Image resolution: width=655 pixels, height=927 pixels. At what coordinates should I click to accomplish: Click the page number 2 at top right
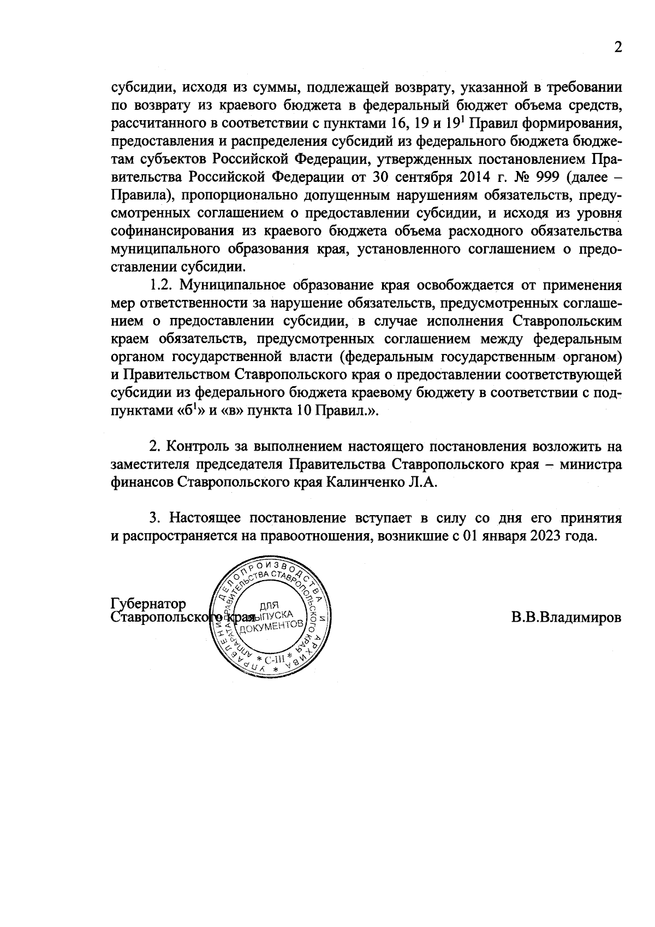point(617,48)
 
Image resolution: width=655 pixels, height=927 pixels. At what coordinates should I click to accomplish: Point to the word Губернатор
point(148,604)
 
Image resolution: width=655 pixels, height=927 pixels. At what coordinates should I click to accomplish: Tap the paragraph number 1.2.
point(162,285)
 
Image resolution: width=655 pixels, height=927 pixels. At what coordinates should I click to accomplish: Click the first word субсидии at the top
point(142,87)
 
